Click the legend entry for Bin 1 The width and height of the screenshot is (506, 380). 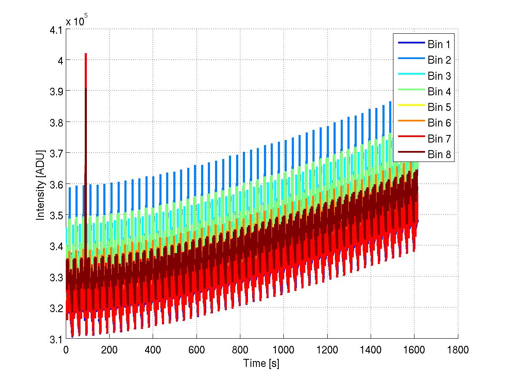439,44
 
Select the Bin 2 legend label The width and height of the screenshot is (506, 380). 439,60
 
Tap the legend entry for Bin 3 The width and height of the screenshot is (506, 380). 439,76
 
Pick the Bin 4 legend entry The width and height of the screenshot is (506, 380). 439,92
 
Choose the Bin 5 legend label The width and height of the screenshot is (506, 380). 439,107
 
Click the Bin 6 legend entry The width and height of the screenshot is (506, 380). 439,123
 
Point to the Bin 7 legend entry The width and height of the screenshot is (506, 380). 439,139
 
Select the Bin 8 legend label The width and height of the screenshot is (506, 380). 439,155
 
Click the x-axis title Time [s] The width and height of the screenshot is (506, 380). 261,363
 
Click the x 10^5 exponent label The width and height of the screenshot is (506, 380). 76,21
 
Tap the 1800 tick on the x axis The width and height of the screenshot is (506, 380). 458,350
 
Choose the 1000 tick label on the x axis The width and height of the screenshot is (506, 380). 283,350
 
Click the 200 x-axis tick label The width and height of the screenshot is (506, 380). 109,350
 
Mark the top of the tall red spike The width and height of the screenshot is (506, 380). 86,54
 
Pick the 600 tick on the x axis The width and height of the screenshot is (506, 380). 196,350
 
